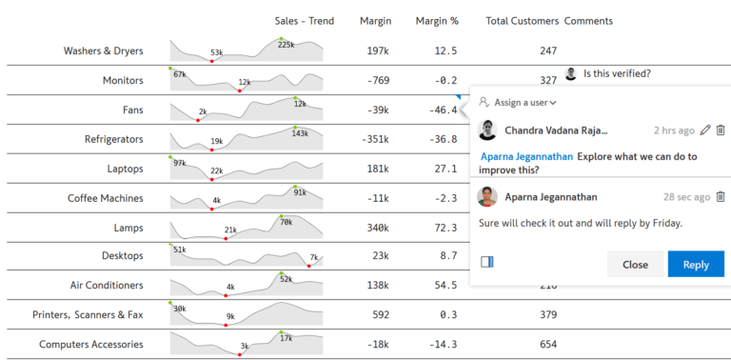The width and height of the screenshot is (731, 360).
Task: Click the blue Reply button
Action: point(696,265)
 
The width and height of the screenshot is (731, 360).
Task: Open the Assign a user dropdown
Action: point(518,102)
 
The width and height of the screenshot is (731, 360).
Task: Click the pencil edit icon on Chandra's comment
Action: point(705,130)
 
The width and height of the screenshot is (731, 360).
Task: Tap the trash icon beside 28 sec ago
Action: point(721,197)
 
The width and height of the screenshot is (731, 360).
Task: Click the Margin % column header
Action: point(437,21)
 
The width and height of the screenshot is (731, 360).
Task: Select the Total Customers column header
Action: point(522,21)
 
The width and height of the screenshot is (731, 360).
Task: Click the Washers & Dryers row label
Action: point(104,50)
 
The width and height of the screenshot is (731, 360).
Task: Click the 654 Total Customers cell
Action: point(548,345)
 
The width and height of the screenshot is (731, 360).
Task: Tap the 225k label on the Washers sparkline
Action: point(286,45)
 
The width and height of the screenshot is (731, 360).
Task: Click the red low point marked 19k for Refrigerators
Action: point(211,150)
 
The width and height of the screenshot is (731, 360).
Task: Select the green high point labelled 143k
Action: point(295,128)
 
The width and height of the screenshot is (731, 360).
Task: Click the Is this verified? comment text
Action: point(617,73)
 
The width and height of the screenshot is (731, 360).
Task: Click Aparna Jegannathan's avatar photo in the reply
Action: point(487,197)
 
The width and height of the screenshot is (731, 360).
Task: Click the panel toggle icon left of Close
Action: point(486,262)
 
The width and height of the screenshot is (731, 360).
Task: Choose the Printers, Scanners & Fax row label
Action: point(88,315)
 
